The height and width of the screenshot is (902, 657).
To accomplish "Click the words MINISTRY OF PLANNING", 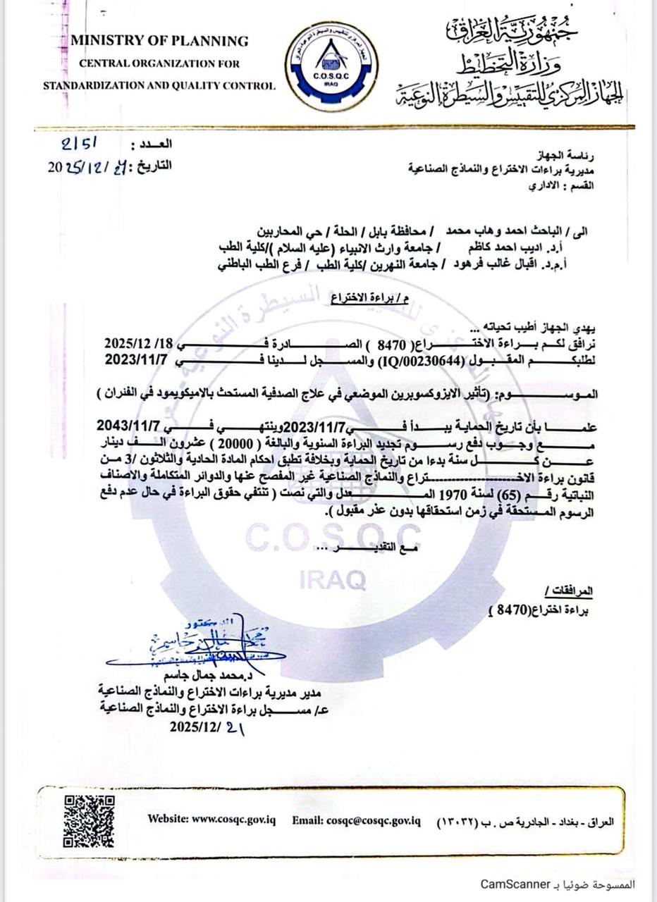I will pos(159,41).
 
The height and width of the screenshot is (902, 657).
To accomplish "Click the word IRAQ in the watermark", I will pos(333,579).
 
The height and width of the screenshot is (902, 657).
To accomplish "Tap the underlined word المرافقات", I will pos(569,589).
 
